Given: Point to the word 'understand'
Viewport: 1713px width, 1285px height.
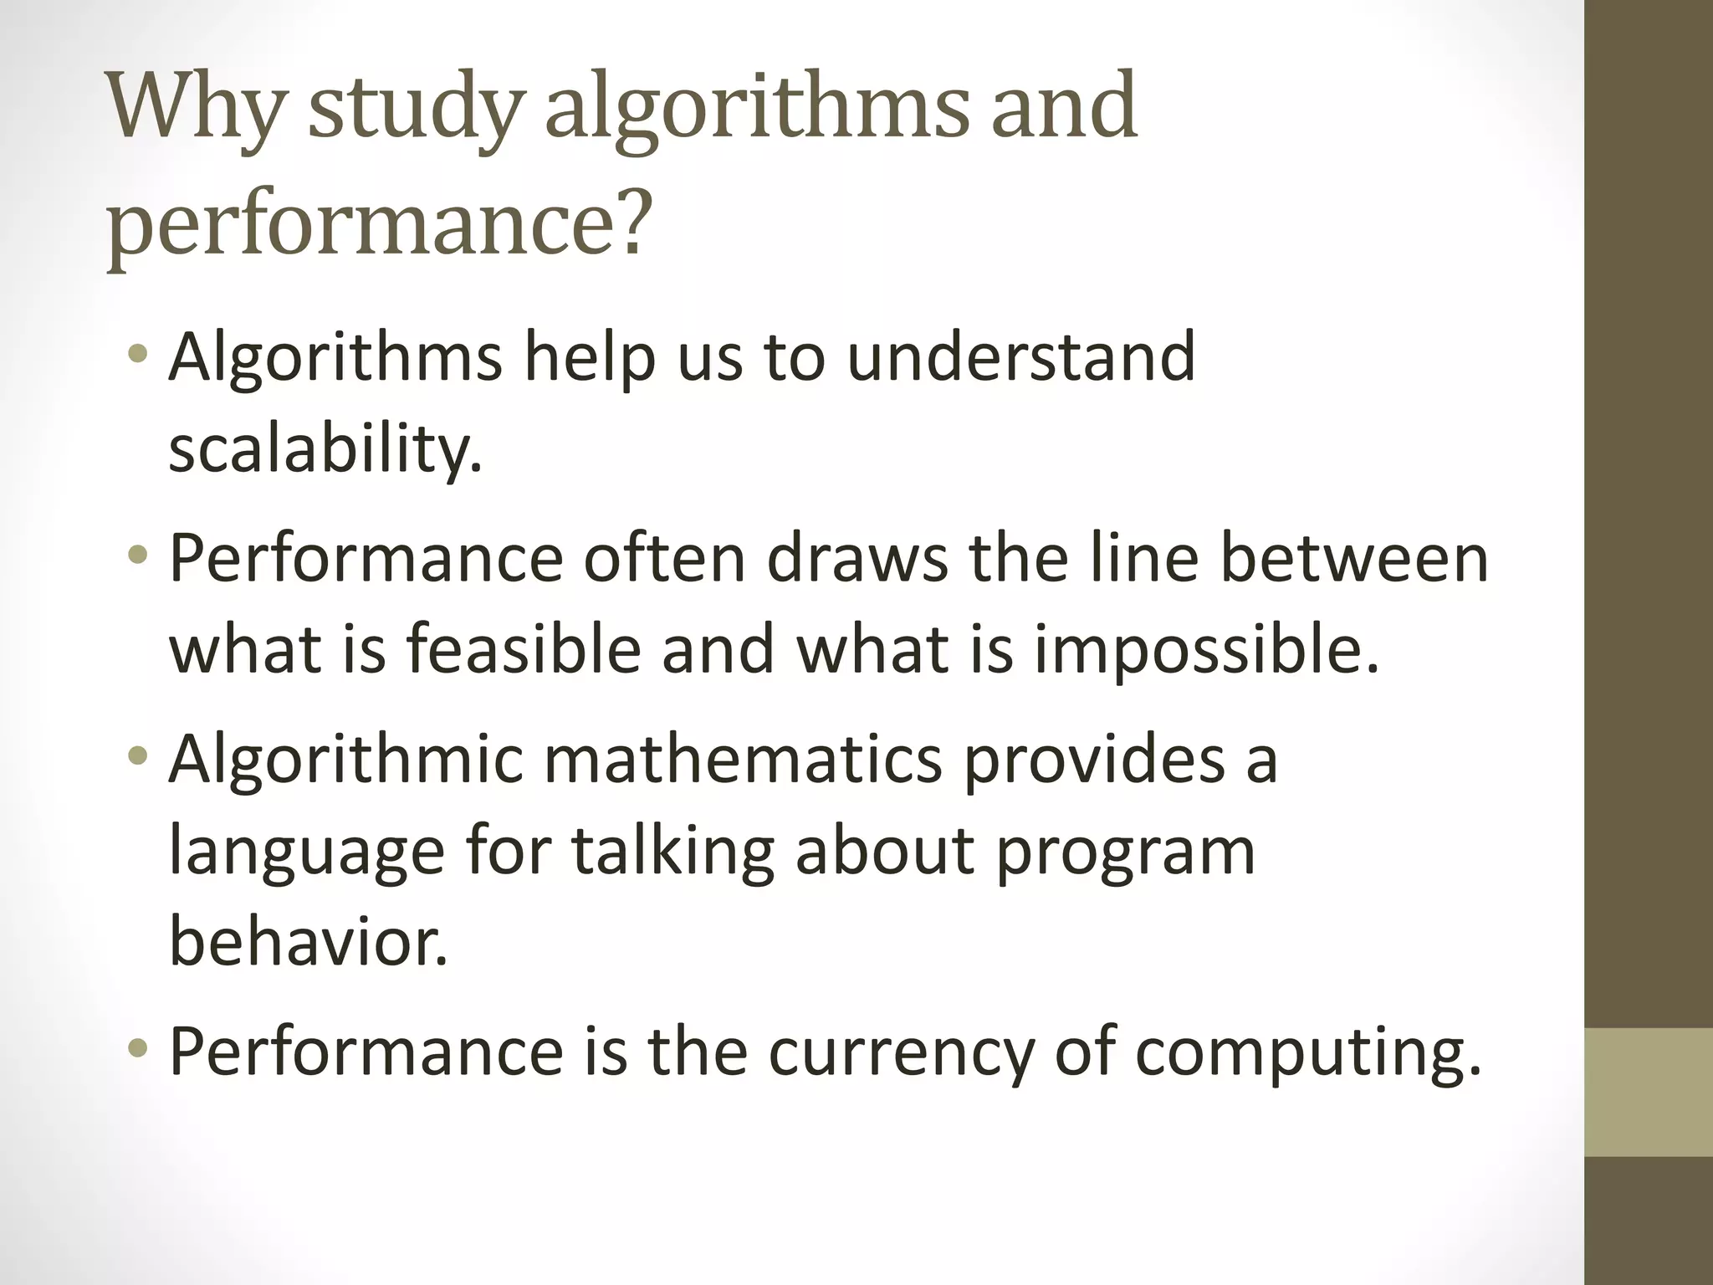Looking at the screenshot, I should coord(1021,357).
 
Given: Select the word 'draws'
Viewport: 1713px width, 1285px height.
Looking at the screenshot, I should coord(857,558).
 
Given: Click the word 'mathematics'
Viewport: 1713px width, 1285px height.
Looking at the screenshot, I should coord(744,759).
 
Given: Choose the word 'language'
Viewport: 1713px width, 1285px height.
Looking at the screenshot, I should coord(306,852).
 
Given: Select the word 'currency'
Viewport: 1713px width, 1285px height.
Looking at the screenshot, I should coord(901,1052).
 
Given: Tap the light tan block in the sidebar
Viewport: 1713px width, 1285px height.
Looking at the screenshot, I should coord(1649,1093).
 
